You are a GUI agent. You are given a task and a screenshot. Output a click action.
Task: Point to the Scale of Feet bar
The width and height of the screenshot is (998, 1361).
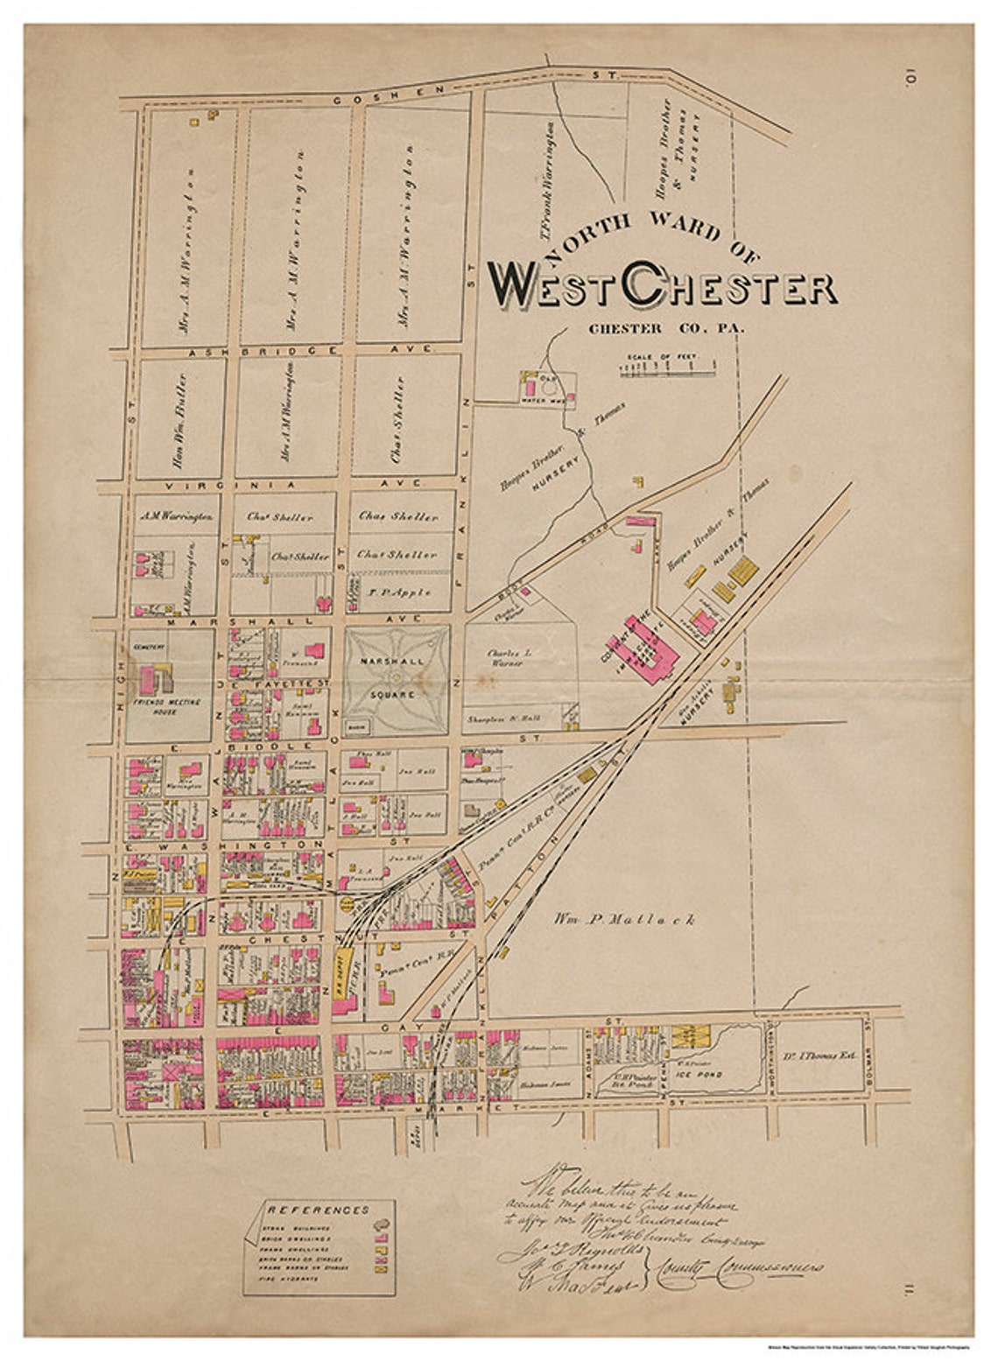[667, 367]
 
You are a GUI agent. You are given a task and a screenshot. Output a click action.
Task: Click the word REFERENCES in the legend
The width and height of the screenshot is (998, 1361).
[318, 1210]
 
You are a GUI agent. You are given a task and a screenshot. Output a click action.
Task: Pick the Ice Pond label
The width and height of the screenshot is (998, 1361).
[704, 1073]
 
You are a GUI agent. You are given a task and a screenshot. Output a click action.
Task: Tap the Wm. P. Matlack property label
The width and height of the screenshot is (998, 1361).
[624, 919]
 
